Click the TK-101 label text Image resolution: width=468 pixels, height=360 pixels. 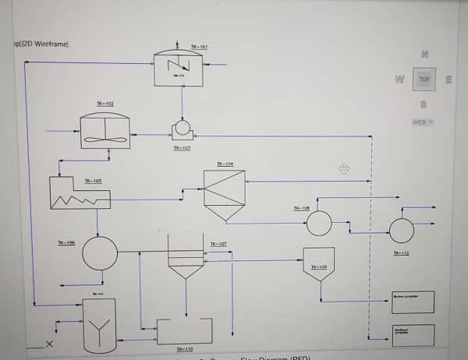pos(199,47)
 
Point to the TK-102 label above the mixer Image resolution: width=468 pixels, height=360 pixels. pos(105,104)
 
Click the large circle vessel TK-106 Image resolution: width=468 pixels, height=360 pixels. pos(100,253)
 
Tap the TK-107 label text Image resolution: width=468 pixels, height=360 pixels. pos(218,244)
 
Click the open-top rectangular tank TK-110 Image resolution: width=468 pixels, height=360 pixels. pos(185,331)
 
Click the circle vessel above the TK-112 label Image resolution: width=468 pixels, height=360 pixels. pos(402,231)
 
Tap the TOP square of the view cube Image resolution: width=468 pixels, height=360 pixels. pos(424,79)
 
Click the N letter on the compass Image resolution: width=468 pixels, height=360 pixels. pos(424,55)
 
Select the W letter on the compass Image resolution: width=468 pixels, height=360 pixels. pos(399,79)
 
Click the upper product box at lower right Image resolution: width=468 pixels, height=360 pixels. pos(413,302)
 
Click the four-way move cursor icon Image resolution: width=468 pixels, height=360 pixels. pos(344,168)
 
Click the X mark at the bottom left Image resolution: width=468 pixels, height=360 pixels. pos(50,344)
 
